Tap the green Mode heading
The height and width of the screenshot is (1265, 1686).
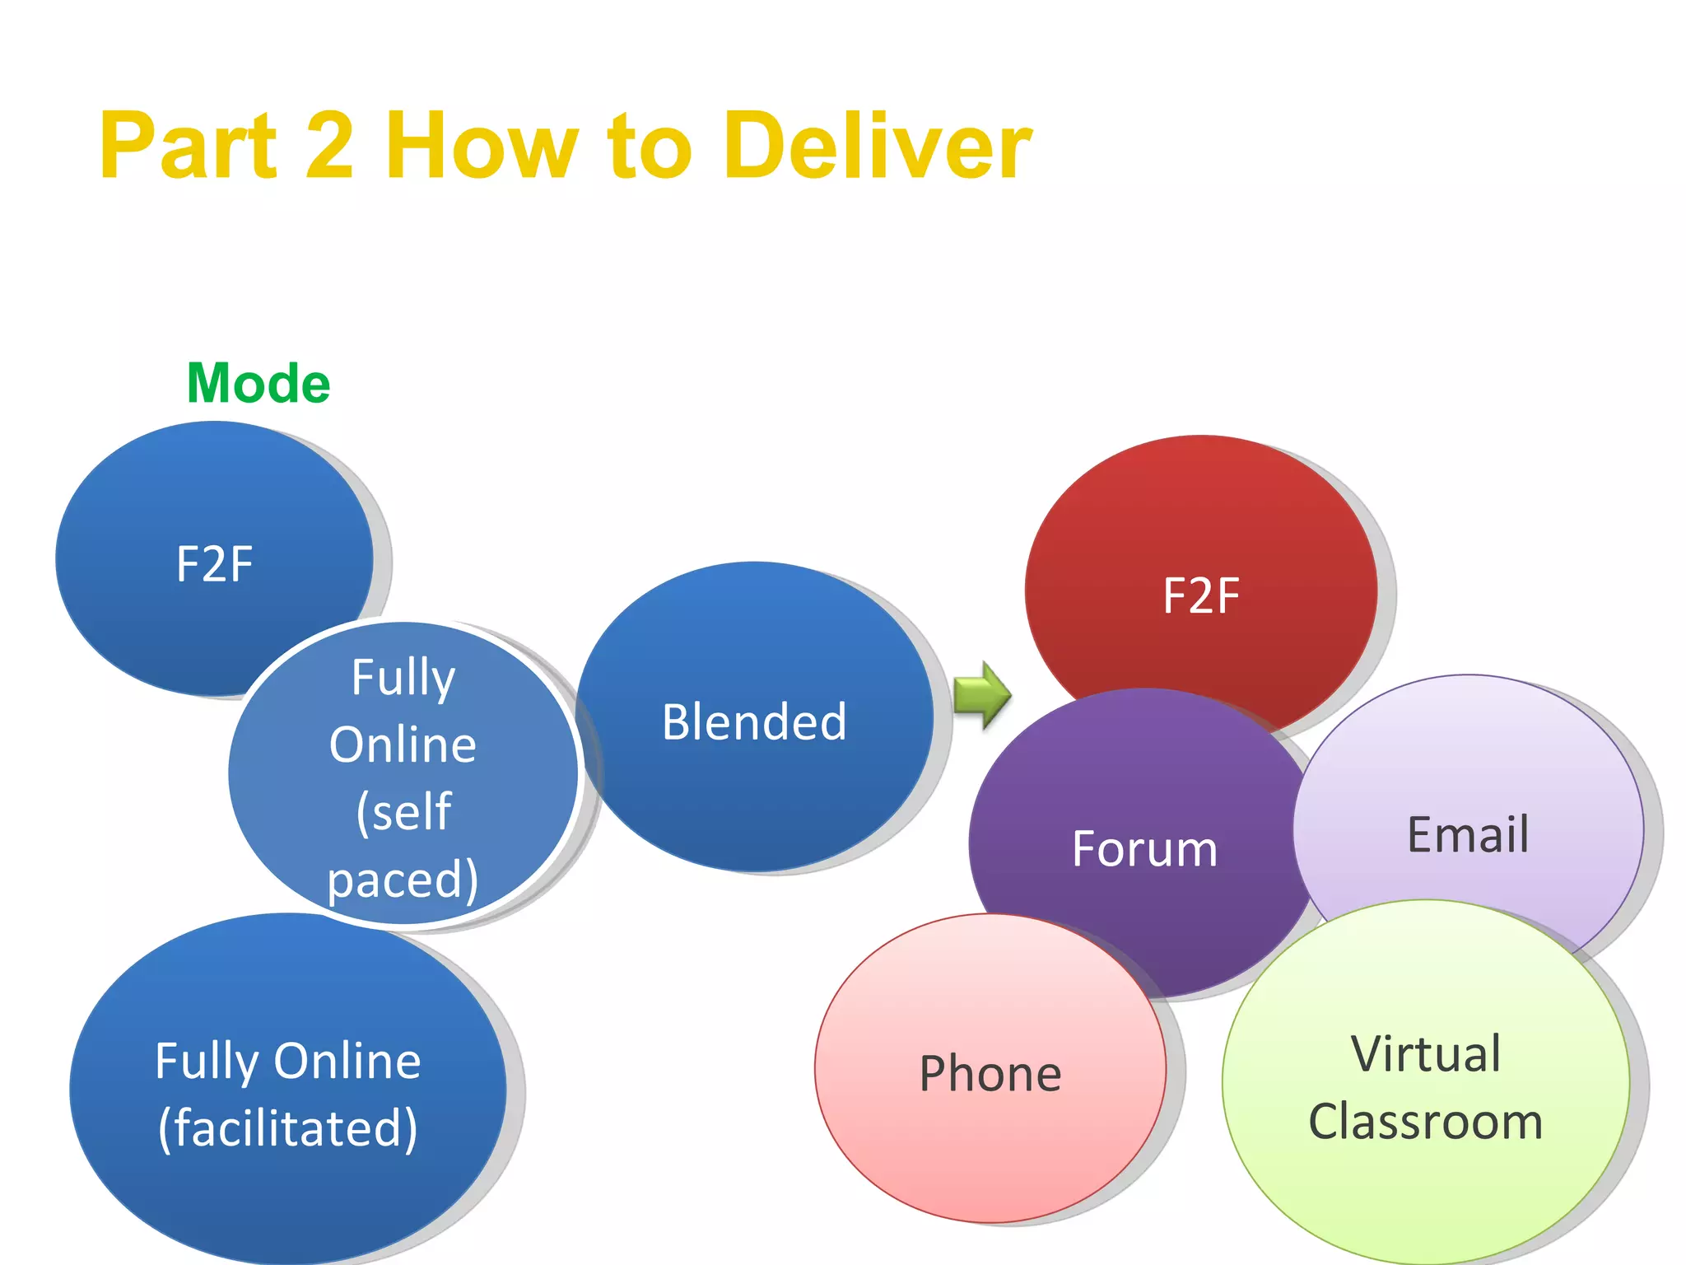click(x=258, y=384)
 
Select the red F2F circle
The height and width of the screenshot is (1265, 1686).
click(x=1200, y=576)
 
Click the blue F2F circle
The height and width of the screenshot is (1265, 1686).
click(x=214, y=544)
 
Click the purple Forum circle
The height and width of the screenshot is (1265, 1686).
click(x=1144, y=848)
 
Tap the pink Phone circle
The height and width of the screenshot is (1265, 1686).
click(x=990, y=1073)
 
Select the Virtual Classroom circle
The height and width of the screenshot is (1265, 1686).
click(x=1426, y=1087)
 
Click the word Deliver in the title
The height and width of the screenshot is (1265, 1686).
click(x=878, y=147)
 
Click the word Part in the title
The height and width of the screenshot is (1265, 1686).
click(x=189, y=147)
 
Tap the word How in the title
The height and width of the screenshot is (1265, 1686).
click(x=482, y=147)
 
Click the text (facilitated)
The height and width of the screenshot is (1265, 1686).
click(x=288, y=1127)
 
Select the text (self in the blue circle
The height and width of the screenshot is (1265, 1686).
click(x=403, y=812)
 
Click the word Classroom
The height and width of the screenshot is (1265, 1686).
click(x=1426, y=1122)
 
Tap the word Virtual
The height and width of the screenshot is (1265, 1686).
click(x=1426, y=1053)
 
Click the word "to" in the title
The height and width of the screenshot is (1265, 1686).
click(x=650, y=147)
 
